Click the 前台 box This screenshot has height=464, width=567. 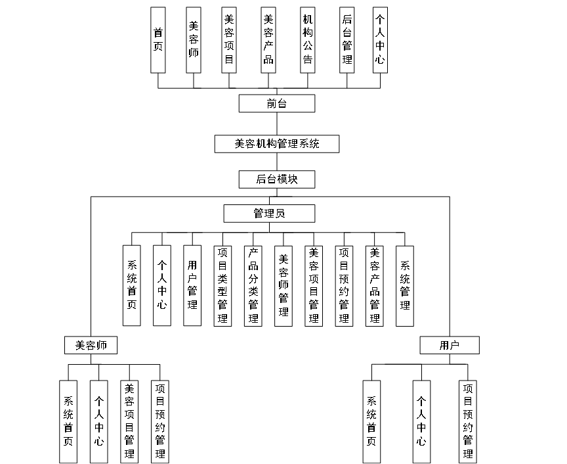(x=277, y=103)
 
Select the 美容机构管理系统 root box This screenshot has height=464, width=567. (x=277, y=144)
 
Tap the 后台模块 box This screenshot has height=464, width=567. (x=277, y=179)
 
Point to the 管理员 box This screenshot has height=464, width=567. (x=269, y=214)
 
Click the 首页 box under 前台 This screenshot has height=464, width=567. (x=158, y=40)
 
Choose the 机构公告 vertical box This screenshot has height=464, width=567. (x=308, y=40)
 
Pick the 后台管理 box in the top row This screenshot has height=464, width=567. (x=347, y=40)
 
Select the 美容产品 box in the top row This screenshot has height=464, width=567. (x=268, y=40)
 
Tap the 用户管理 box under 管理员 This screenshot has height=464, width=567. (x=192, y=285)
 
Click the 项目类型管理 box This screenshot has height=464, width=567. (x=222, y=285)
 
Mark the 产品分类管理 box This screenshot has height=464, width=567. (x=253, y=285)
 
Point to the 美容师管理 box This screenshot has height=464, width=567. (x=283, y=285)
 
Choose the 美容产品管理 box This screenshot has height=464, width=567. (x=375, y=285)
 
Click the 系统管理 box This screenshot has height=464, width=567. (x=405, y=285)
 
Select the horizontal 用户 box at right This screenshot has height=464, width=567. (x=450, y=345)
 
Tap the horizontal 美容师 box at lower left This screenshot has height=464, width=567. (x=91, y=345)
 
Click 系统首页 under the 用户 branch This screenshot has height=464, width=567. (x=371, y=421)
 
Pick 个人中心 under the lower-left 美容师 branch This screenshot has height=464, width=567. (x=98, y=421)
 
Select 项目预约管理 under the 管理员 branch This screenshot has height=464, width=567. (x=344, y=285)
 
